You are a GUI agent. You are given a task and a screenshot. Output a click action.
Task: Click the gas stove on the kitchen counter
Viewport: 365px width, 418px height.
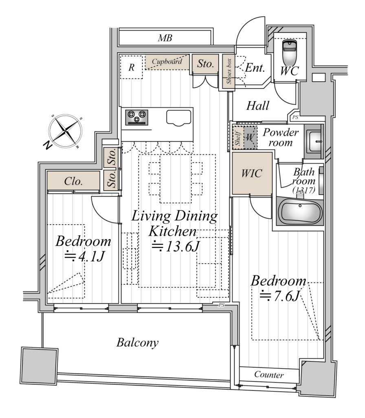(136, 117)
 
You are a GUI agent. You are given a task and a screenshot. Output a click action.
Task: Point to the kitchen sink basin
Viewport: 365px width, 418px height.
(179, 118)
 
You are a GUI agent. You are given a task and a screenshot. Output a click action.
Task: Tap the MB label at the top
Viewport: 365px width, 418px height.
(165, 38)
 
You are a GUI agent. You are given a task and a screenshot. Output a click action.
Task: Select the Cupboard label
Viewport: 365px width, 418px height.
(167, 62)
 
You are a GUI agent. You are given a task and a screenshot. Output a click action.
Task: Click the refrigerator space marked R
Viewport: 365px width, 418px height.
(131, 67)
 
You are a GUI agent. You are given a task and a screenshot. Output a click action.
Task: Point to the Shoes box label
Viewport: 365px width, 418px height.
(229, 71)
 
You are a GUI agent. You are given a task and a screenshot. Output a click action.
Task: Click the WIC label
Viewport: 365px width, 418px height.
(252, 173)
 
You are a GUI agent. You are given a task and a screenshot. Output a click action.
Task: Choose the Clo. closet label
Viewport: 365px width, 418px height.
(73, 181)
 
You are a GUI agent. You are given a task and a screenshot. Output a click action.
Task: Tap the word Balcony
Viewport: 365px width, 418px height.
(137, 342)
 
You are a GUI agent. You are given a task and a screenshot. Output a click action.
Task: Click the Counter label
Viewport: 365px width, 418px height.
(269, 375)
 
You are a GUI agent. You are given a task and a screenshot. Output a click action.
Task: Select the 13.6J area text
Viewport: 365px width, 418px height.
(175, 246)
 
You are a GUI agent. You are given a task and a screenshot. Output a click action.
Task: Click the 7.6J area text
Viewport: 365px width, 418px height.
(280, 296)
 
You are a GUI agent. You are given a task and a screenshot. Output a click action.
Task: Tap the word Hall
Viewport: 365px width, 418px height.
(257, 106)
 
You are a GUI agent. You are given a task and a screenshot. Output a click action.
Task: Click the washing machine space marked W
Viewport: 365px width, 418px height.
(250, 138)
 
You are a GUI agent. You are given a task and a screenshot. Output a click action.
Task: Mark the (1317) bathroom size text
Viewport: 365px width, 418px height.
(304, 190)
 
